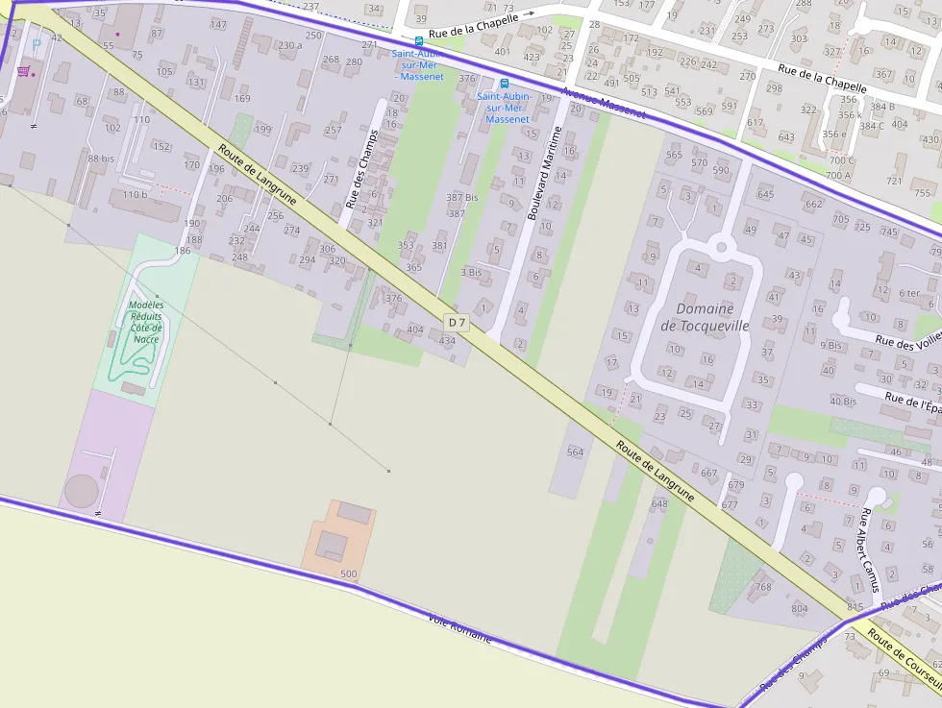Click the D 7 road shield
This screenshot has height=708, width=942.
point(456,322)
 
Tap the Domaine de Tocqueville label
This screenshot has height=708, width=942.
point(705,317)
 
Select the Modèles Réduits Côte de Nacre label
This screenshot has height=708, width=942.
point(146,322)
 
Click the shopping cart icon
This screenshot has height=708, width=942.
point(22,72)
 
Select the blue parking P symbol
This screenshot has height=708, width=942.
point(37,43)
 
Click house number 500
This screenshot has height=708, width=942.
point(348,574)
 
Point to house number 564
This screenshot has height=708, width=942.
point(575,452)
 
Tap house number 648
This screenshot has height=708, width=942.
point(658,503)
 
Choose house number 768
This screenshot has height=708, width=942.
point(763,586)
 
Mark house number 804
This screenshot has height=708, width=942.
point(799,608)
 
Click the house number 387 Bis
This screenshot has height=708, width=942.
point(461,197)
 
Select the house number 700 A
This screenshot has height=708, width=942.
point(837,175)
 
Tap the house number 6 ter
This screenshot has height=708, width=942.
point(909,293)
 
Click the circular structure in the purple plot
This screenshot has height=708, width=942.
point(81,490)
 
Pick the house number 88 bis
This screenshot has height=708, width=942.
point(101,159)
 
